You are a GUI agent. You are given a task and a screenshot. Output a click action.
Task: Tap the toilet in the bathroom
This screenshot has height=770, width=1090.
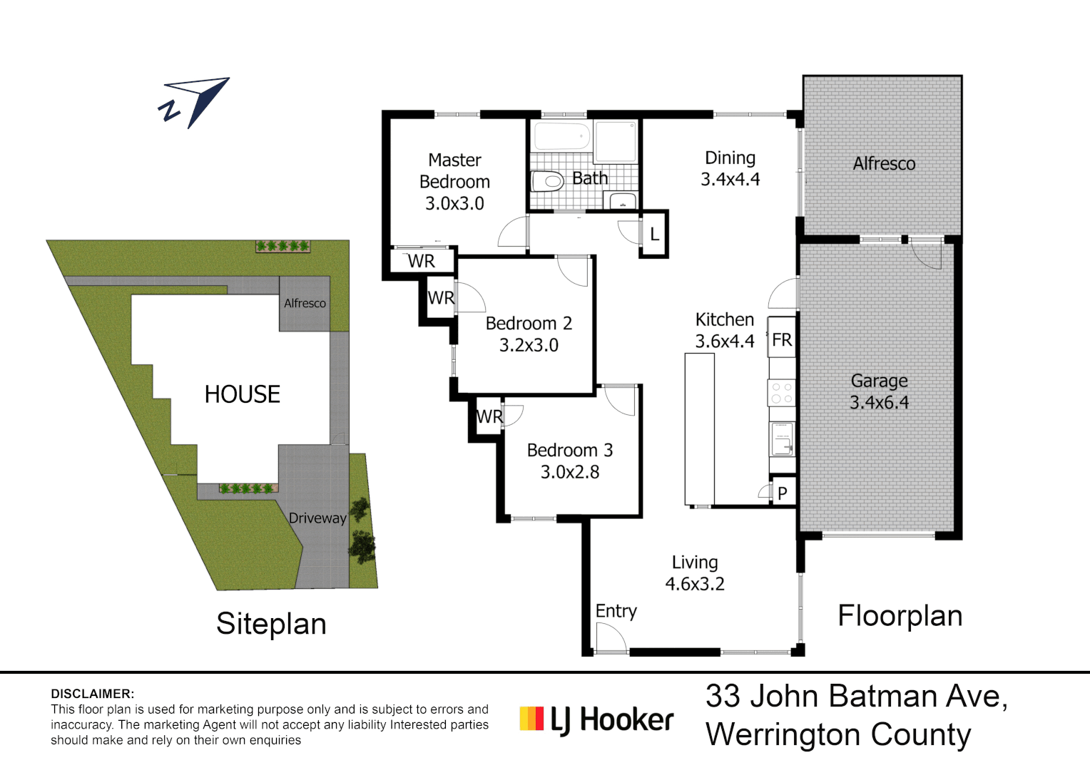click(x=548, y=180)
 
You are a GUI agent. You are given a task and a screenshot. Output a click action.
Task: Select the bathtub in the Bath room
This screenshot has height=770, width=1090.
click(x=561, y=135)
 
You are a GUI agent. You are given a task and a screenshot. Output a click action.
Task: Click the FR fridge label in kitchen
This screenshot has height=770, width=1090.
click(x=782, y=340)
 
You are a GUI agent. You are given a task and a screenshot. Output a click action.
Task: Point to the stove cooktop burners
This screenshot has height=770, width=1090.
click(x=782, y=393)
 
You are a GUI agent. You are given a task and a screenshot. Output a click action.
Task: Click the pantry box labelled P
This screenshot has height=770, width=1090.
click(x=783, y=493)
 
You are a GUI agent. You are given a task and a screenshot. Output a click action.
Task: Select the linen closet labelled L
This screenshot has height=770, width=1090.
click(x=654, y=234)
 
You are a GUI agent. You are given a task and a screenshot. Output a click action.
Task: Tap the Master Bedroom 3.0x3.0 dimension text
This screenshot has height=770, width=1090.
click(x=454, y=204)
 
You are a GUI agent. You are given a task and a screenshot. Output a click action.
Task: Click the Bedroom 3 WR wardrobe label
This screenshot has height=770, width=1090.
click(x=489, y=417)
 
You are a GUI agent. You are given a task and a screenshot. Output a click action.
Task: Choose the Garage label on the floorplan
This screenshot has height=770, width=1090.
click(x=879, y=381)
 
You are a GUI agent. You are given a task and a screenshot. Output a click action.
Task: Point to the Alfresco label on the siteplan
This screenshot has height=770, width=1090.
click(x=305, y=303)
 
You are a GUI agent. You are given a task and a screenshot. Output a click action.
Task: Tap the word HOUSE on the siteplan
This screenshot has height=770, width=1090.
click(x=242, y=394)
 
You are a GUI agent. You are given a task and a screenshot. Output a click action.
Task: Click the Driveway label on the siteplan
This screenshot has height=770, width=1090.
click(x=317, y=518)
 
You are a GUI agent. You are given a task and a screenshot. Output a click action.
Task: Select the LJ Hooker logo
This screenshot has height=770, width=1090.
click(x=596, y=719)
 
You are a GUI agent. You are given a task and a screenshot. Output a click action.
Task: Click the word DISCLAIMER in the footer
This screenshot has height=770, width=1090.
click(x=92, y=694)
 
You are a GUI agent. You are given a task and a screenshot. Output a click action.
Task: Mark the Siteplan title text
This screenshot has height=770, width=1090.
click(x=271, y=624)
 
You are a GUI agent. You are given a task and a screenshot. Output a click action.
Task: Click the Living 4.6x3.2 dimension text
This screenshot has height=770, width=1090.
click(x=695, y=584)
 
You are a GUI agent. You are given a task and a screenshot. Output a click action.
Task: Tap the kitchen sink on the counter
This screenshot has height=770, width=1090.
click(x=782, y=438)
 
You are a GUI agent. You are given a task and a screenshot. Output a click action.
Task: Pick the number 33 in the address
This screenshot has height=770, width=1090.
click(x=723, y=697)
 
